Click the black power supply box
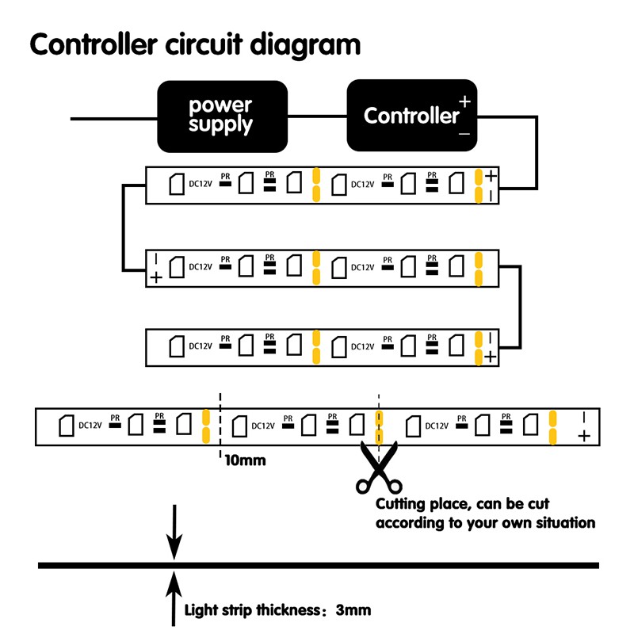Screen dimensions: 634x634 [221, 116]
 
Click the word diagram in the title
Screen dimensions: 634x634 [306, 45]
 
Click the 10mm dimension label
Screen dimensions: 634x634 [245, 460]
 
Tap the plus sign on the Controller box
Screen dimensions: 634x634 [464, 102]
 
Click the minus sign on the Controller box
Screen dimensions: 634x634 [464, 134]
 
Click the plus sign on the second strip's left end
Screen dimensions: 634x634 [156, 277]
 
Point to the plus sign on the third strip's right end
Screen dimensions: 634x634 [491, 357]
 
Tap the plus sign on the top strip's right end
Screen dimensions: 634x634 [491, 176]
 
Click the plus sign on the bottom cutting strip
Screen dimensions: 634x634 [585, 436]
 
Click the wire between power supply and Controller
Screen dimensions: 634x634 [317, 117]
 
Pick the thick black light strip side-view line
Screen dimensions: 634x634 [317, 566]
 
